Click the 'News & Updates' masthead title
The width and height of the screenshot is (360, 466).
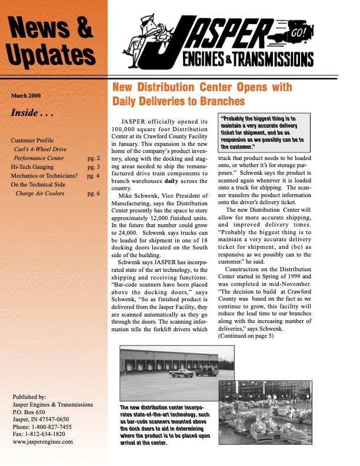(52, 41)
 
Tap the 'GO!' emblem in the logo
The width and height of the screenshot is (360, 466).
(296, 34)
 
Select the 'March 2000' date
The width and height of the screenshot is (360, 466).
(26, 95)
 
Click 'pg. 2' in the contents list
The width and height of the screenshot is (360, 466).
(94, 158)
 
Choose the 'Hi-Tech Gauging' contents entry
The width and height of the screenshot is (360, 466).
(33, 167)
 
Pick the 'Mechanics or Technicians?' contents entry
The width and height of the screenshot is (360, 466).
(44, 175)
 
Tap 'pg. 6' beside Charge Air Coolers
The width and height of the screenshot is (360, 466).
(94, 193)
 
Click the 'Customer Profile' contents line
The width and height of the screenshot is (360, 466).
(32, 141)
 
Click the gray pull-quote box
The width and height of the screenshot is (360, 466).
(263, 133)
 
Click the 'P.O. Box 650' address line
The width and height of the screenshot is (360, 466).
(29, 412)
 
